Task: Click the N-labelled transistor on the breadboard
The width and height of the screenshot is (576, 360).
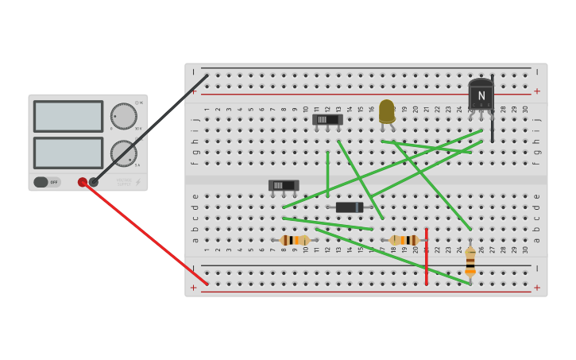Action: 481,95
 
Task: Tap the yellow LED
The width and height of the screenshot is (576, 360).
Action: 387,111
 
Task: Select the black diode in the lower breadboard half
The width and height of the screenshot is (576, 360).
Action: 350,207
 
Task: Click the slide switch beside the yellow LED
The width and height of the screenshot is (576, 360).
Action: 327,119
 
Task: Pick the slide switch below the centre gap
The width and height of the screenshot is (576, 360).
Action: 284,185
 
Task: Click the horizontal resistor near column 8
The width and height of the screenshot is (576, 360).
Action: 296,240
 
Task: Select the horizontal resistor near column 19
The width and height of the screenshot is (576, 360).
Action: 404,240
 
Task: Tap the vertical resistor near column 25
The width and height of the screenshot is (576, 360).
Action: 470,260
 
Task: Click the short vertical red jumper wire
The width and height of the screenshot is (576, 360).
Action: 427,256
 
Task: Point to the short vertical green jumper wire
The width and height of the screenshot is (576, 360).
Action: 327,173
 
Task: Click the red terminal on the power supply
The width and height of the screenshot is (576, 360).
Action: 83,182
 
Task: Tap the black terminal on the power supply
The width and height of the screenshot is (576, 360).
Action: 94,182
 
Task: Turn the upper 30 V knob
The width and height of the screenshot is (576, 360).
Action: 123,116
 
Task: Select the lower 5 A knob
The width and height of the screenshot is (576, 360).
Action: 123,153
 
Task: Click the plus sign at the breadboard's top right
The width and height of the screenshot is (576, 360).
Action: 537,91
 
